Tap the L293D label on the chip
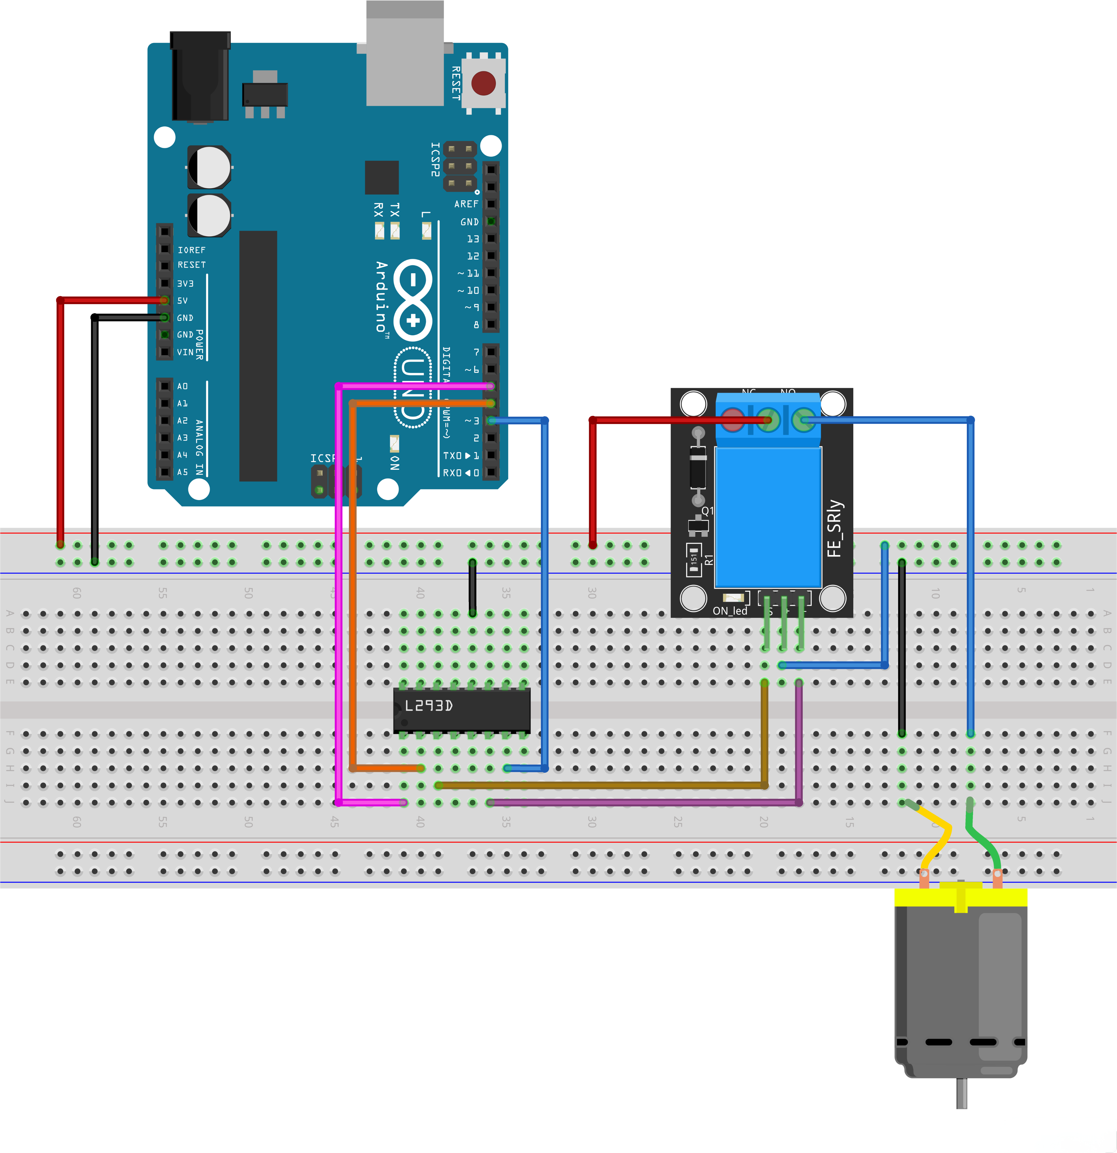point(428,705)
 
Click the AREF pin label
point(466,204)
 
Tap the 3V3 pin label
point(185,284)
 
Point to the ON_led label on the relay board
point(730,611)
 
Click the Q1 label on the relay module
point(707,511)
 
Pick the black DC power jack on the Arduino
point(200,77)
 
